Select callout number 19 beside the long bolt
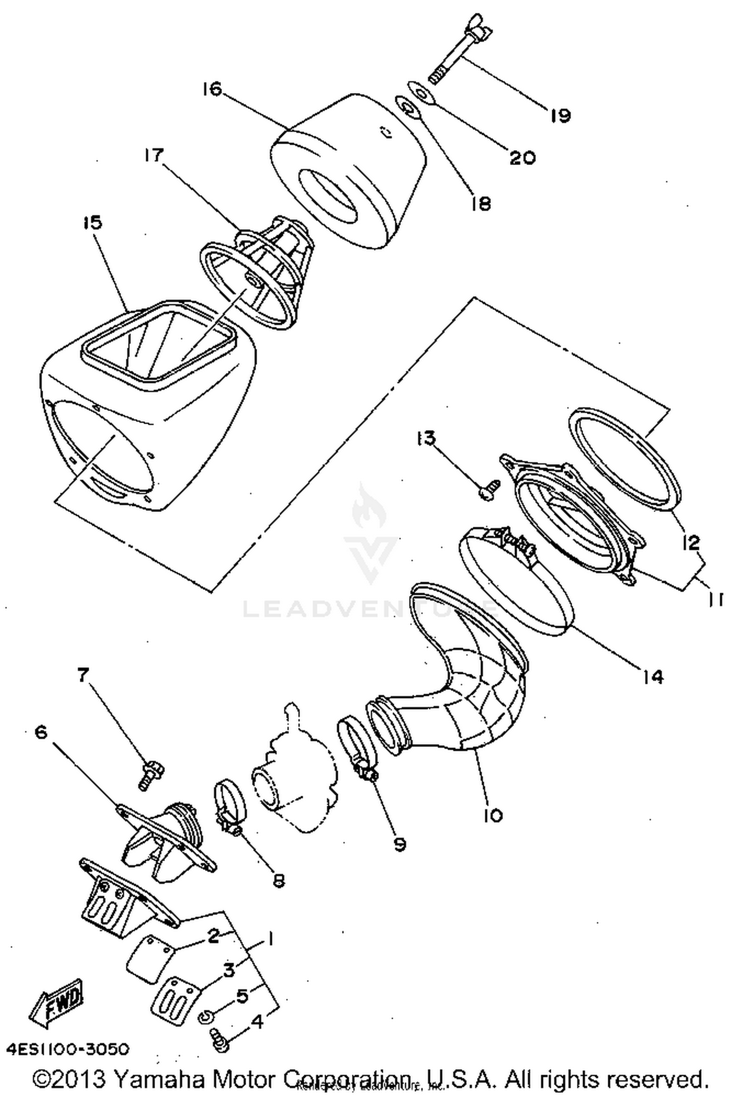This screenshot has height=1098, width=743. point(560,115)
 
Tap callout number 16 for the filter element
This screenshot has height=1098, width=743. point(212,90)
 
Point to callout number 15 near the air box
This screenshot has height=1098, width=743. point(92,222)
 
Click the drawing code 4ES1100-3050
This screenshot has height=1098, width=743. point(68,1049)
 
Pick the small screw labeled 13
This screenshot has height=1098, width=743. point(488,491)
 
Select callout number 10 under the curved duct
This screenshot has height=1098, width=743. point(492,815)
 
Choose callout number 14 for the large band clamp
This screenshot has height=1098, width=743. point(653,676)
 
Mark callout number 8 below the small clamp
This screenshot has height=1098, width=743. point(278,880)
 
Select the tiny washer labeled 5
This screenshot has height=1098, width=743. point(205,1018)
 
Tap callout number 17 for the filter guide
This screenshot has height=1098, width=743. point(154,156)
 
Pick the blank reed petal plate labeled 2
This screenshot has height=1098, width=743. point(148,959)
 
